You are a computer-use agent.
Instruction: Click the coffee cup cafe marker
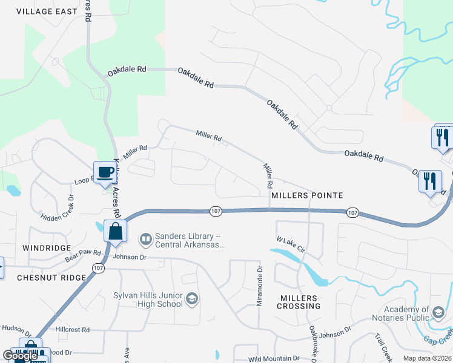coord(105,171)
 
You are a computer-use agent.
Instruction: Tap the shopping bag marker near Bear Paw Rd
coord(114,231)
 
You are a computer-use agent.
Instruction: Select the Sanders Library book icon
coord(146,240)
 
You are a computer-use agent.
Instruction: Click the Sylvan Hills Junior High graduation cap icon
coord(192,299)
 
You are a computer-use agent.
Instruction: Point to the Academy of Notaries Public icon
coord(438,312)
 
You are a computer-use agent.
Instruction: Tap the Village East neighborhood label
coord(47,11)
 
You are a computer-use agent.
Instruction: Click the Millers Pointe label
coord(307,195)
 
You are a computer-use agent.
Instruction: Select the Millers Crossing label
coord(299,302)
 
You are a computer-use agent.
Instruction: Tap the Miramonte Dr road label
coord(259,287)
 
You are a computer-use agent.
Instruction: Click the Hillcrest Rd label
coord(72,330)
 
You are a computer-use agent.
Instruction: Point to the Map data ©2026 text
coord(428,358)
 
